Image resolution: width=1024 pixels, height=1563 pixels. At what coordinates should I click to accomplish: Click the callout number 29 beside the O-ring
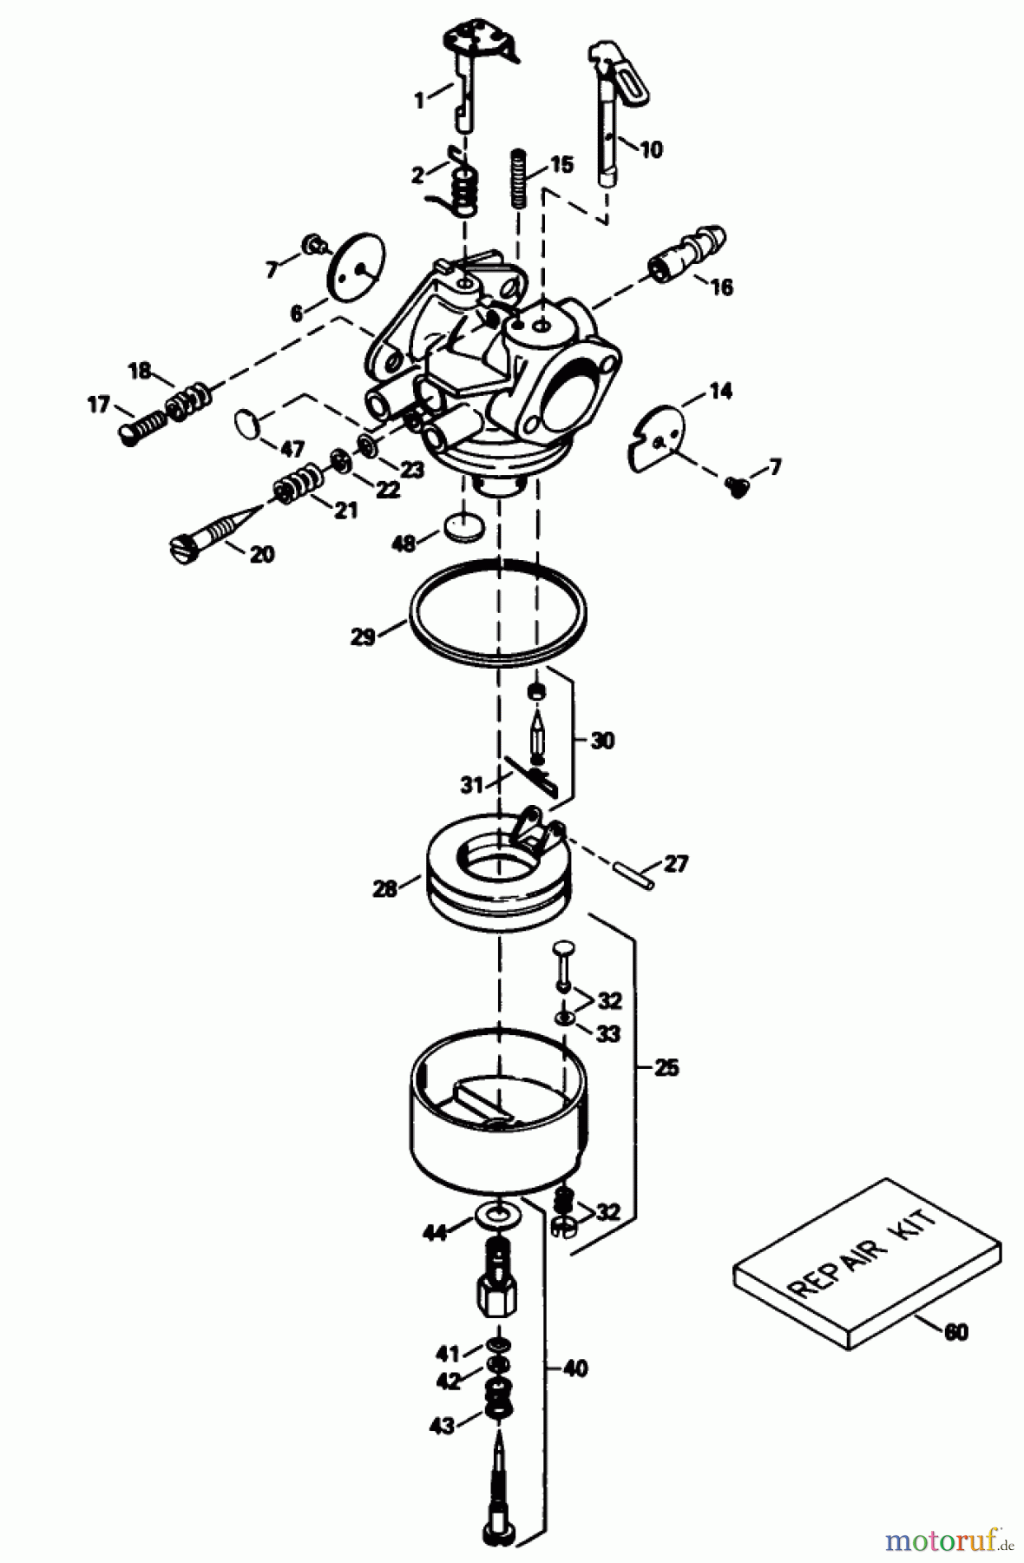(363, 636)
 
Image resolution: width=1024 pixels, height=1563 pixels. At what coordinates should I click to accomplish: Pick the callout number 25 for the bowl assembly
(666, 1067)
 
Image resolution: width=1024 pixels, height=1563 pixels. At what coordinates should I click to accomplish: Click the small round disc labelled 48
(461, 527)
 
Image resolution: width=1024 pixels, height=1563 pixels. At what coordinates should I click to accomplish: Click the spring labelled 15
(518, 177)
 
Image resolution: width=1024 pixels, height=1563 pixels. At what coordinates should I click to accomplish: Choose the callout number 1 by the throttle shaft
(420, 102)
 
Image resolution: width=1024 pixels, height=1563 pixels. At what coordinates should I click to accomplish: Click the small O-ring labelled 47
(250, 425)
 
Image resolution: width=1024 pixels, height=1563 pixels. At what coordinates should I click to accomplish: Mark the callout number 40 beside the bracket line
(574, 1369)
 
